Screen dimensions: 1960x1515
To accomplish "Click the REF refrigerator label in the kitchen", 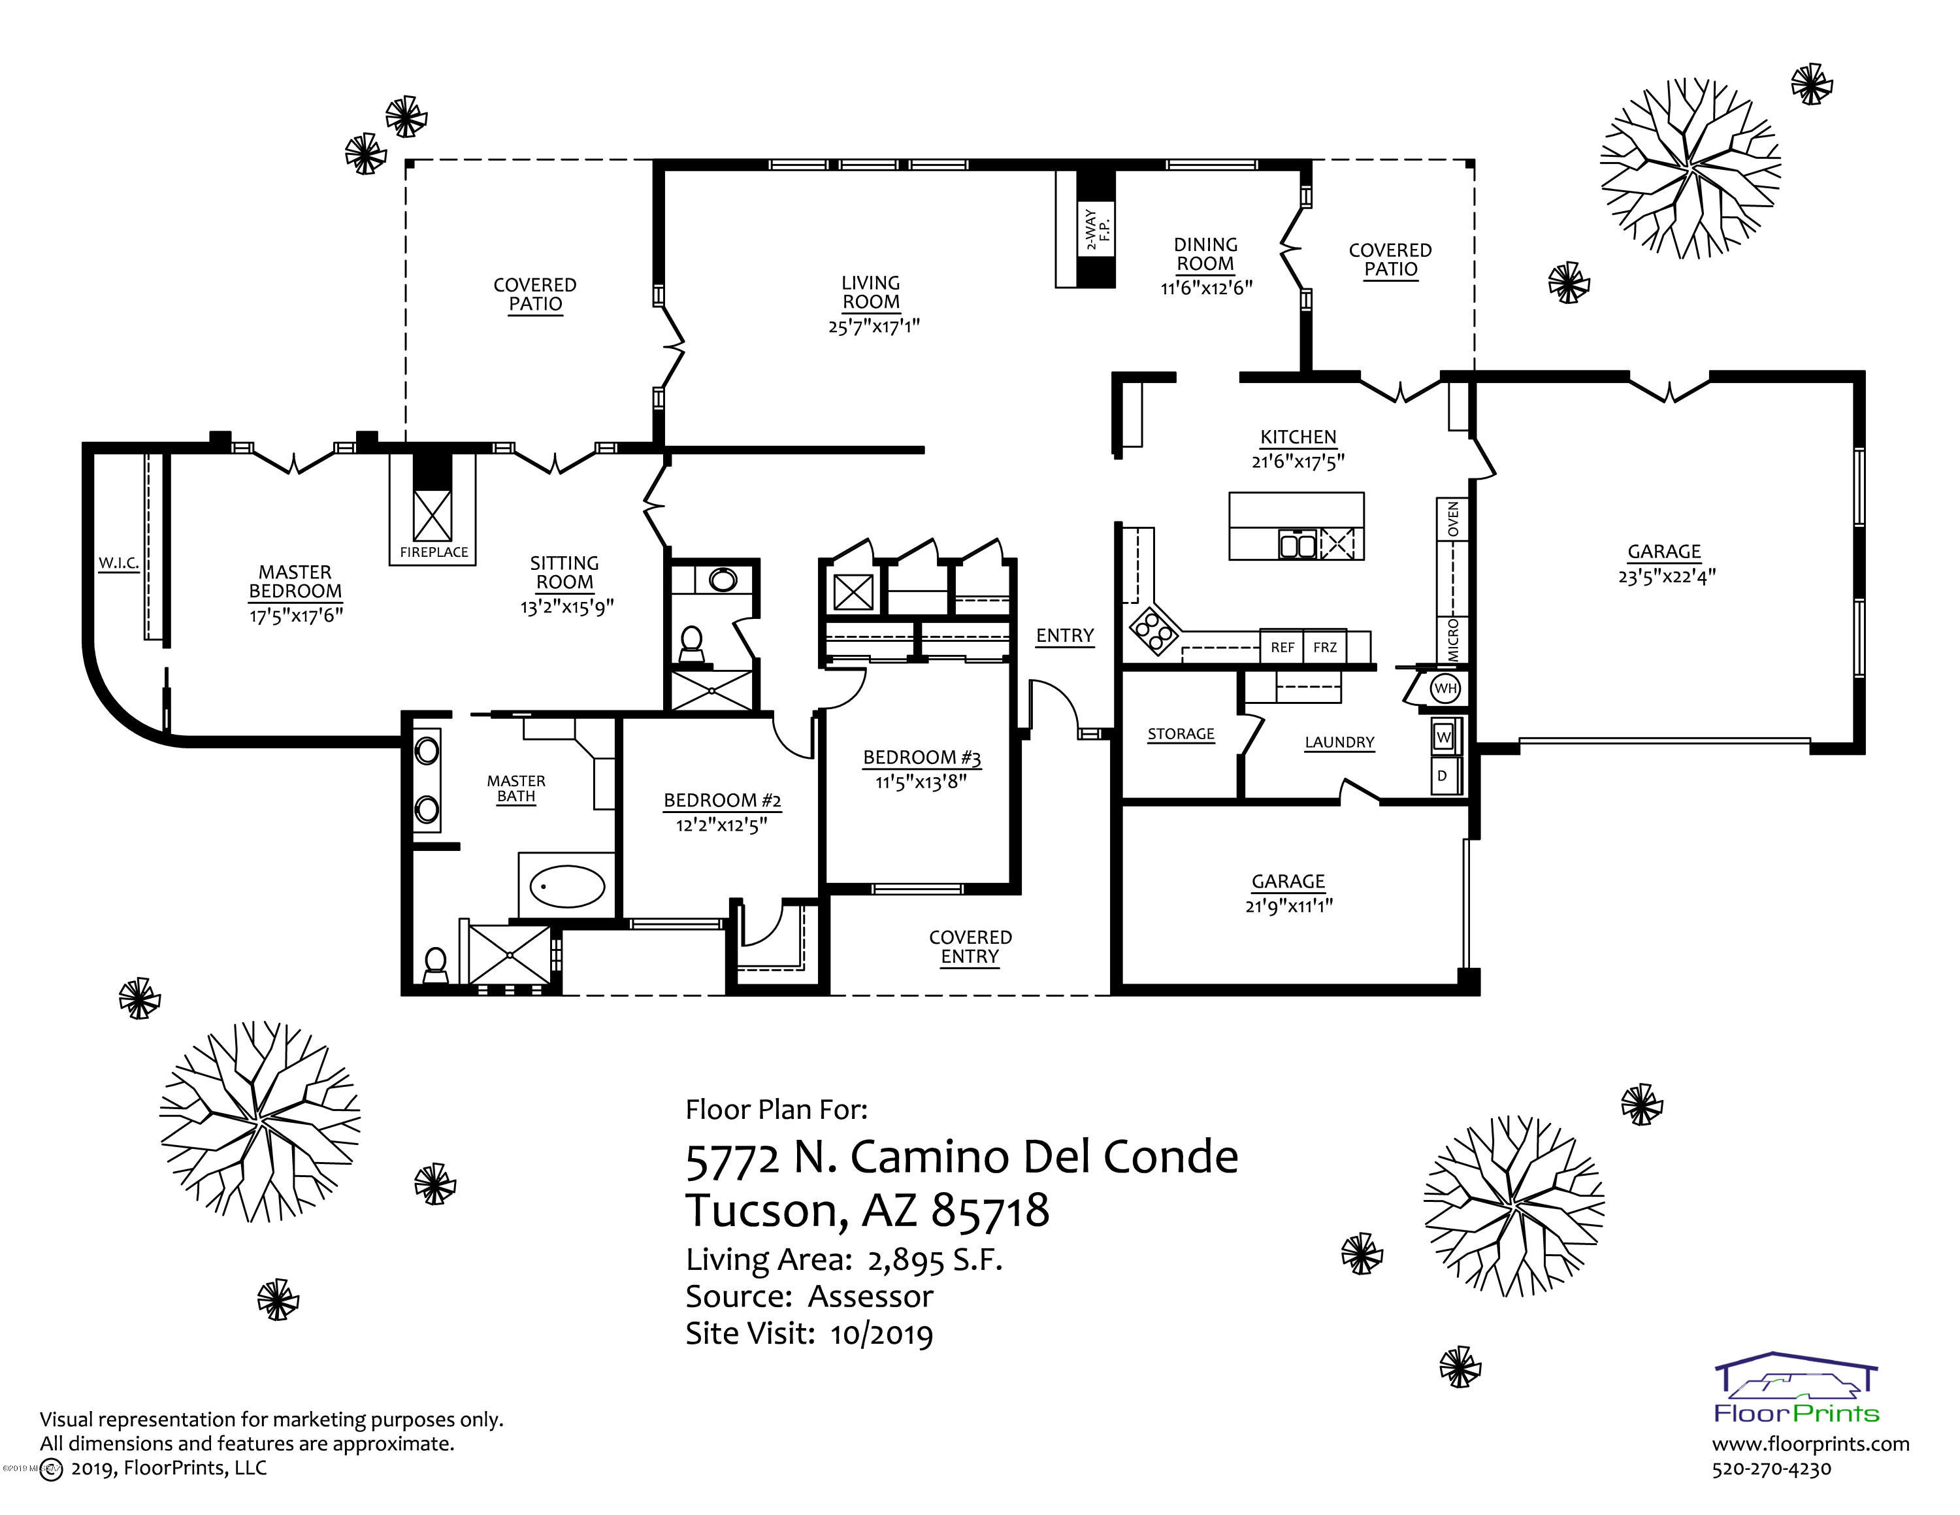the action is tap(1282, 647).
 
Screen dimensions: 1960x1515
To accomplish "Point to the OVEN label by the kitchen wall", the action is tap(1453, 520).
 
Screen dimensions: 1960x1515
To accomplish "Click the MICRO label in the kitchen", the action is tap(1453, 640).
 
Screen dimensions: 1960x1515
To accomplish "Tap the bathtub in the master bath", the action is tap(567, 886).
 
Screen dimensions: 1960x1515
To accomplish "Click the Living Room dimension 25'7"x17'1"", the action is tap(874, 325).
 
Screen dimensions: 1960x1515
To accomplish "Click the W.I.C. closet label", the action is tap(118, 563).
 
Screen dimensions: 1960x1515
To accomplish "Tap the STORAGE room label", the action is tap(1181, 734).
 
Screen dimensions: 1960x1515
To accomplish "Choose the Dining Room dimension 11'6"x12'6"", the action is tap(1206, 287).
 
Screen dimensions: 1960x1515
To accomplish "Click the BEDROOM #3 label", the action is tap(922, 757).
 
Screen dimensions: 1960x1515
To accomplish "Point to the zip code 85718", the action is tap(990, 1210).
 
